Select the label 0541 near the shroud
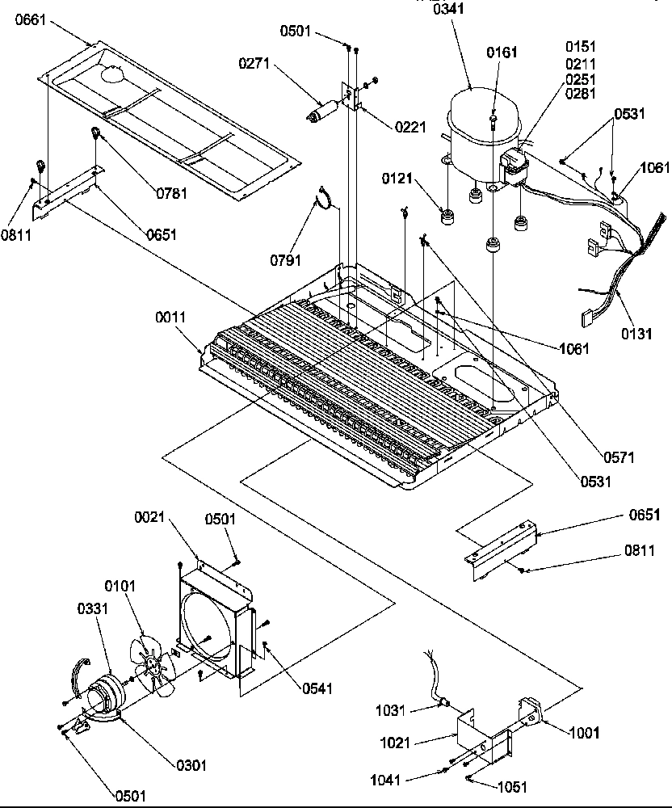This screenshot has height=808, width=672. [x=317, y=688]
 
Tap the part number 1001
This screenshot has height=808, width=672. [x=584, y=733]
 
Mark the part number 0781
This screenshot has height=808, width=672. [x=171, y=191]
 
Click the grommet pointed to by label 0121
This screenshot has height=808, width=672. [x=445, y=217]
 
